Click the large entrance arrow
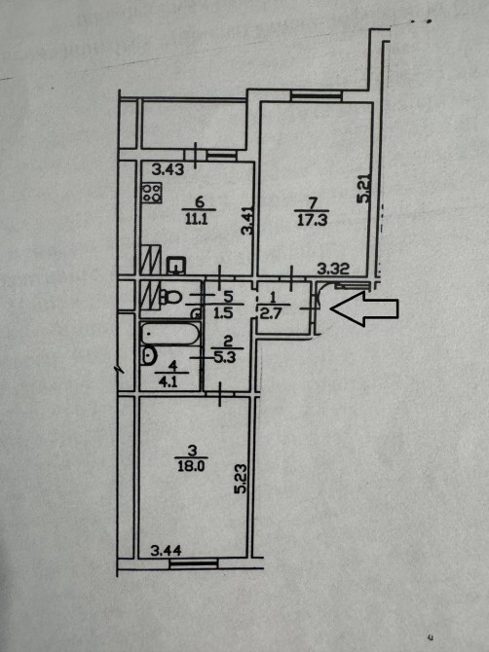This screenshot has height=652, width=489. point(364,308)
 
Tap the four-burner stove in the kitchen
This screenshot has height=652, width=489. point(152,193)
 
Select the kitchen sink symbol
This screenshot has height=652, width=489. point(177,266)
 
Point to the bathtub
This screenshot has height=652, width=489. point(169,334)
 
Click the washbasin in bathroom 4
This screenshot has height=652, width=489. point(149,356)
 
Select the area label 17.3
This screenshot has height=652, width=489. point(313,220)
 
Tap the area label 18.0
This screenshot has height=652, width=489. point(191,466)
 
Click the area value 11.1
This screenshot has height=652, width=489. point(198,219)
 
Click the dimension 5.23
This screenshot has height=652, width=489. point(241,479)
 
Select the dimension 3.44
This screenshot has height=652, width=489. point(166,551)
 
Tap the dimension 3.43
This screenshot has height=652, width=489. point(168,169)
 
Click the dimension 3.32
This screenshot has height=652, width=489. point(333,269)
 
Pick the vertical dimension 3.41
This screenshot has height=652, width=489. point(247,221)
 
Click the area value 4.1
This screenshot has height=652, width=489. point(169,381)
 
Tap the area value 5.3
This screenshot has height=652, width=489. point(226,356)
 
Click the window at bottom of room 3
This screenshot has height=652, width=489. point(194,563)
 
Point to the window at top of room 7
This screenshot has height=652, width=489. point(317,96)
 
